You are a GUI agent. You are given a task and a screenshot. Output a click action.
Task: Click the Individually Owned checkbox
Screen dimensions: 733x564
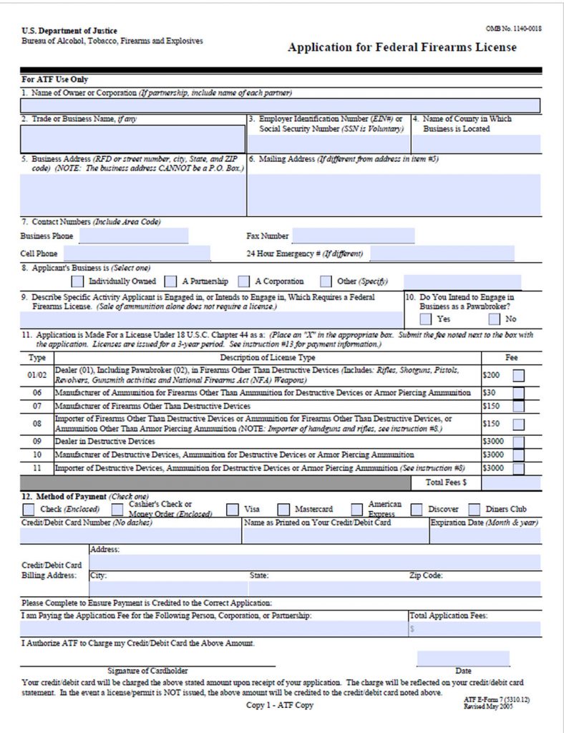(77, 281)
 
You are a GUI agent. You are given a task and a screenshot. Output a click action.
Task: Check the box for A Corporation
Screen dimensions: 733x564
(244, 281)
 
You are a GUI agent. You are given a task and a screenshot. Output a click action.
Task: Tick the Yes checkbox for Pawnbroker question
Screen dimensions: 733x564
(426, 319)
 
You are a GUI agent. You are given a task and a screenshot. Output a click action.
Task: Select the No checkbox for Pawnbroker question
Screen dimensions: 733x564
(494, 319)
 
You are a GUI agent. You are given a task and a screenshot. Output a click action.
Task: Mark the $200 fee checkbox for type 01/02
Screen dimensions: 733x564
(517, 374)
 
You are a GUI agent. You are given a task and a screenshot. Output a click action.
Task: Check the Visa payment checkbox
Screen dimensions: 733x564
(233, 510)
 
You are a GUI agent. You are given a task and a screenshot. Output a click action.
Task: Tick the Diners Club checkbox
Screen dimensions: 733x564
(474, 510)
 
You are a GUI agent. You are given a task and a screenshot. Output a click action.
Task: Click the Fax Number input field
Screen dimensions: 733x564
(354, 236)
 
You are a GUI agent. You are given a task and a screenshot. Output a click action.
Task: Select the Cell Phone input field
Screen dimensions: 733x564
(137, 253)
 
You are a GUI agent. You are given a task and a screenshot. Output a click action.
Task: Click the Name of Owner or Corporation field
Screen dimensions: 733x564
(280, 106)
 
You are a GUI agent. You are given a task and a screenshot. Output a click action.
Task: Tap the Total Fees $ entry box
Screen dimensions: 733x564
(511, 482)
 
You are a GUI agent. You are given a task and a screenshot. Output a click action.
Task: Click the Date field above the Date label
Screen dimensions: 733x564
(463, 658)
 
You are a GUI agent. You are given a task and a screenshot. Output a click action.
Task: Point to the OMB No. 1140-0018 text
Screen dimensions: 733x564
(513, 28)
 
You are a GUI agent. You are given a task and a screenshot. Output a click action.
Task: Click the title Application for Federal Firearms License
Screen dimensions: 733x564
(402, 48)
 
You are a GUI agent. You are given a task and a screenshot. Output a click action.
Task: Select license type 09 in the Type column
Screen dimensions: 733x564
(37, 441)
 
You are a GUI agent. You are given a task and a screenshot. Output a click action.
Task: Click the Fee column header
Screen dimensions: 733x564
(511, 357)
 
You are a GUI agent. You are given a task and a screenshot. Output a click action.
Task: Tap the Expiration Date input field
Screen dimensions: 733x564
(485, 535)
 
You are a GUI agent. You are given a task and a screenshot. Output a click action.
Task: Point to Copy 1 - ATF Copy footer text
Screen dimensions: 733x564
(280, 705)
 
